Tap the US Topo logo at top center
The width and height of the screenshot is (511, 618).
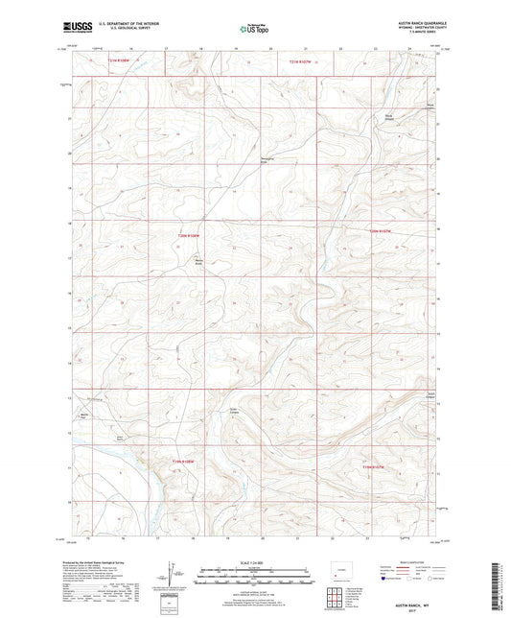pyautogui.click(x=254, y=30)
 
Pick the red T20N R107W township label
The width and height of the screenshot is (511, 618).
pyautogui.click(x=383, y=230)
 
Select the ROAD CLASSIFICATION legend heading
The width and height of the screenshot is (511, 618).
pyautogui.click(x=404, y=561)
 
